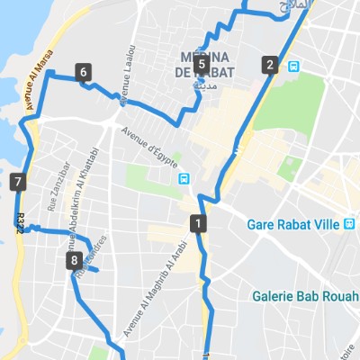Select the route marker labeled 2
pos(269,64)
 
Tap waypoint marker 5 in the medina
pos(201,64)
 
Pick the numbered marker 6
pos(84,72)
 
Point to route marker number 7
pos(19,184)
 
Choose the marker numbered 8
pos(74,261)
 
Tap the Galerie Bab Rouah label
pos(304,294)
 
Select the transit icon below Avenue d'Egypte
pos(184,178)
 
